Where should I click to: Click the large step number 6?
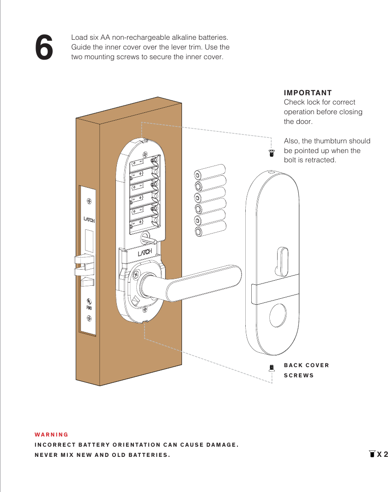click(x=44, y=48)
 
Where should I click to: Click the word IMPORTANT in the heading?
click(x=308, y=93)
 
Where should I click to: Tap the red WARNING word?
click(x=51, y=435)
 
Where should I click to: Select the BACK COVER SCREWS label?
click(x=306, y=370)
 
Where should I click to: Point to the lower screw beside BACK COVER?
click(x=272, y=368)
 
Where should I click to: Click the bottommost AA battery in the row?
click(x=210, y=229)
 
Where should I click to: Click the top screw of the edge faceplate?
click(x=89, y=201)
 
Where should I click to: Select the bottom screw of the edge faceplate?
click(x=89, y=319)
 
